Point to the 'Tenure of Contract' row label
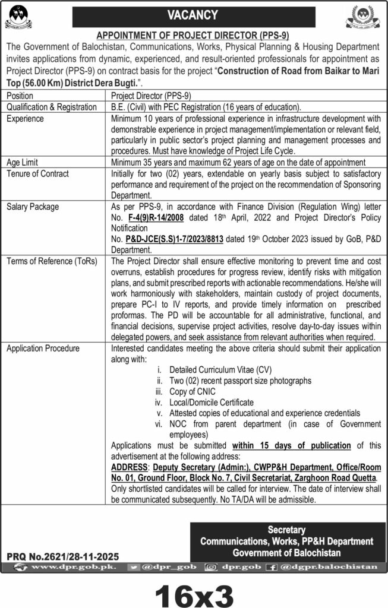(37, 173)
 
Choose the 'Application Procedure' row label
(43, 349)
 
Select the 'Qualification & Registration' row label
(51, 107)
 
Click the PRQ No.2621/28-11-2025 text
(63, 556)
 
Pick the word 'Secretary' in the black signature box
(286, 530)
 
